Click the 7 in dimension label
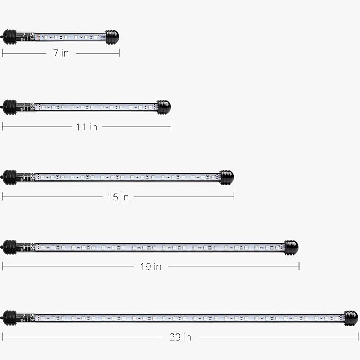coord(61,53)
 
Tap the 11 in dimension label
coord(86,127)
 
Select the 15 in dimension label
coord(118,197)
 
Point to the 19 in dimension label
coord(151,267)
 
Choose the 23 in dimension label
coord(181,337)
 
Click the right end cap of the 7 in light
coord(112,37)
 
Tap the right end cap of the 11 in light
coord(163,107)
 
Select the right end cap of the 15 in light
coord(226,177)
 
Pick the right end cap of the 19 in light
coord(291,247)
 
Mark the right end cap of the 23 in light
coord(350,318)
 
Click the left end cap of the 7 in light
coord(10,37)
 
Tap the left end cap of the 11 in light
coord(10,107)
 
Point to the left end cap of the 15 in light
coord(10,177)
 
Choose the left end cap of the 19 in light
coord(10,247)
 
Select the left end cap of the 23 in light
coord(10,318)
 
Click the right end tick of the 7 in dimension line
coord(119,52)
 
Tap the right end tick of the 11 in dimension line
coord(171,126)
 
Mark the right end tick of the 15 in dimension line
coord(234,197)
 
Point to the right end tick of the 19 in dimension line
coord(299,267)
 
